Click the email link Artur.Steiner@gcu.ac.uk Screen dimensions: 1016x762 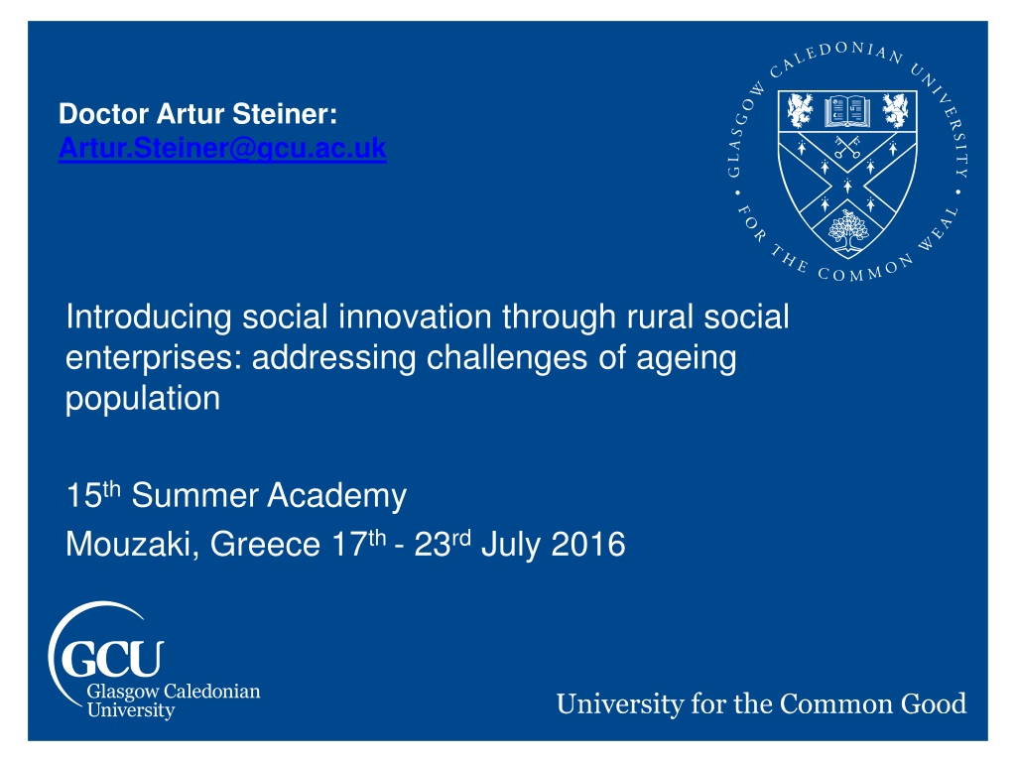pos(222,149)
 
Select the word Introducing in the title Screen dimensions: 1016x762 pos(149,318)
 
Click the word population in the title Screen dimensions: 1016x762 pos(143,399)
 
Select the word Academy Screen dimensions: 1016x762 pos(337,496)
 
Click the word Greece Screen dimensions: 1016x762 pos(265,545)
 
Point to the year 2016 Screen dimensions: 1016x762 pos(588,545)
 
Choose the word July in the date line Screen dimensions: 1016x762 pos(511,546)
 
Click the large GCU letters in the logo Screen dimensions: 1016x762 pos(112,659)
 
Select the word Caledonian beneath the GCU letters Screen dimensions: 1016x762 pos(212,692)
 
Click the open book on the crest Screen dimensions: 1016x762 pos(847,111)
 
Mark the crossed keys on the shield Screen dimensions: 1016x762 pos(847,147)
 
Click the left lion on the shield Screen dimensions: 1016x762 pos(800,110)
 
